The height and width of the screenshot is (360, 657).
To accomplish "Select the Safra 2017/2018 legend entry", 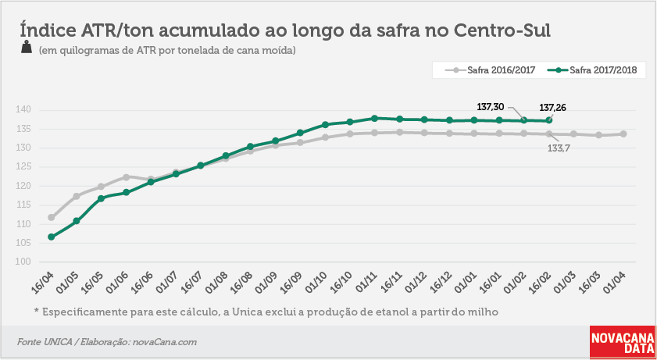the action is [x=592, y=70].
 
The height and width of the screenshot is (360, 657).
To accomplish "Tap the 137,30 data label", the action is [x=491, y=107].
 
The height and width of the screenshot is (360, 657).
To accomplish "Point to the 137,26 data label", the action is [x=552, y=108].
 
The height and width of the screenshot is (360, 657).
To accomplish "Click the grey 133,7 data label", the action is [x=559, y=148].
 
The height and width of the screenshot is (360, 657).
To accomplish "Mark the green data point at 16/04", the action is [x=51, y=237].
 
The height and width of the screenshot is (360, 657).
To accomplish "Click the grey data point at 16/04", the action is [x=51, y=217].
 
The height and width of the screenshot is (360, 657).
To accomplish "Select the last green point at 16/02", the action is [x=549, y=120].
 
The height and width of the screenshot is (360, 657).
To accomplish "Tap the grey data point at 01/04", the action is [x=623, y=134].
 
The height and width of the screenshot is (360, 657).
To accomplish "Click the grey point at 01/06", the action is [x=126, y=177].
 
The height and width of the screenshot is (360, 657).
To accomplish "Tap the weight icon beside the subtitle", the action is [x=27, y=48].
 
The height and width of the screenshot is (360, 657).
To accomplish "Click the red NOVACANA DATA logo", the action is [x=623, y=342].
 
